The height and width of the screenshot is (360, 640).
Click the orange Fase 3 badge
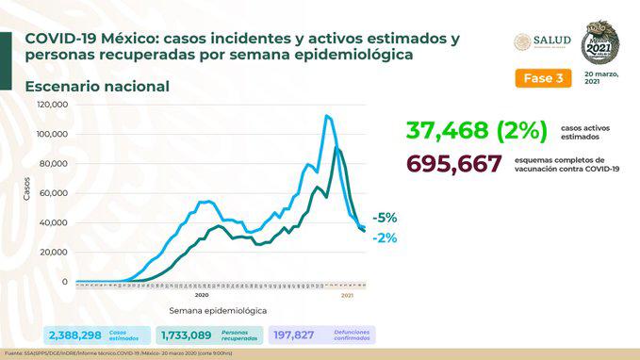543,78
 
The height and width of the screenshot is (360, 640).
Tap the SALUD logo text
551,41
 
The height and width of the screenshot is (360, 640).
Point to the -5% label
385,217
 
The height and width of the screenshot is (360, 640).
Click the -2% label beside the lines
385,238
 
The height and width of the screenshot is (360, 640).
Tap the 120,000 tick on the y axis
53,105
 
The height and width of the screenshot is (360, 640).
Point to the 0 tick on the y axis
65,282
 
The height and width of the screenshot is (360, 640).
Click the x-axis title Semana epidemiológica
218,309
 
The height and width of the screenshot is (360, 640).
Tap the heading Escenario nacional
97,87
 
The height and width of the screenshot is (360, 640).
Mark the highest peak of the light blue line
326,116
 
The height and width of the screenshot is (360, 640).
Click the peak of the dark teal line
336,149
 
